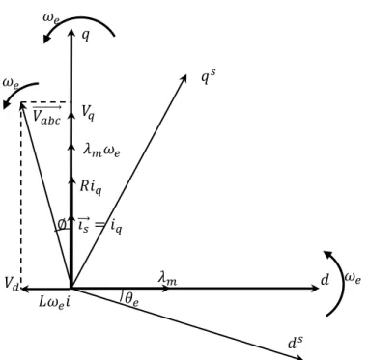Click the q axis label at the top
pos(85,35)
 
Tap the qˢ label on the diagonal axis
pos(209,77)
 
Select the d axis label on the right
pos(326,280)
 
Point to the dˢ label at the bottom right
pos(296,343)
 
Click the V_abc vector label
pos(47,116)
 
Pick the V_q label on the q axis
pos(88,113)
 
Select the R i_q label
pos(91,187)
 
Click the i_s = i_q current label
pos(100,225)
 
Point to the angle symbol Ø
pos(62,223)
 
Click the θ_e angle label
pos(131,299)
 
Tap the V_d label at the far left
pos(12,283)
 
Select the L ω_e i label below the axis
pos(54,302)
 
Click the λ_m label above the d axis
pos(167,278)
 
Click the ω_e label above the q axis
pos(51,18)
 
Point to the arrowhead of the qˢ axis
pos(184,79)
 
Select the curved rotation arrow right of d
pos(342,283)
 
